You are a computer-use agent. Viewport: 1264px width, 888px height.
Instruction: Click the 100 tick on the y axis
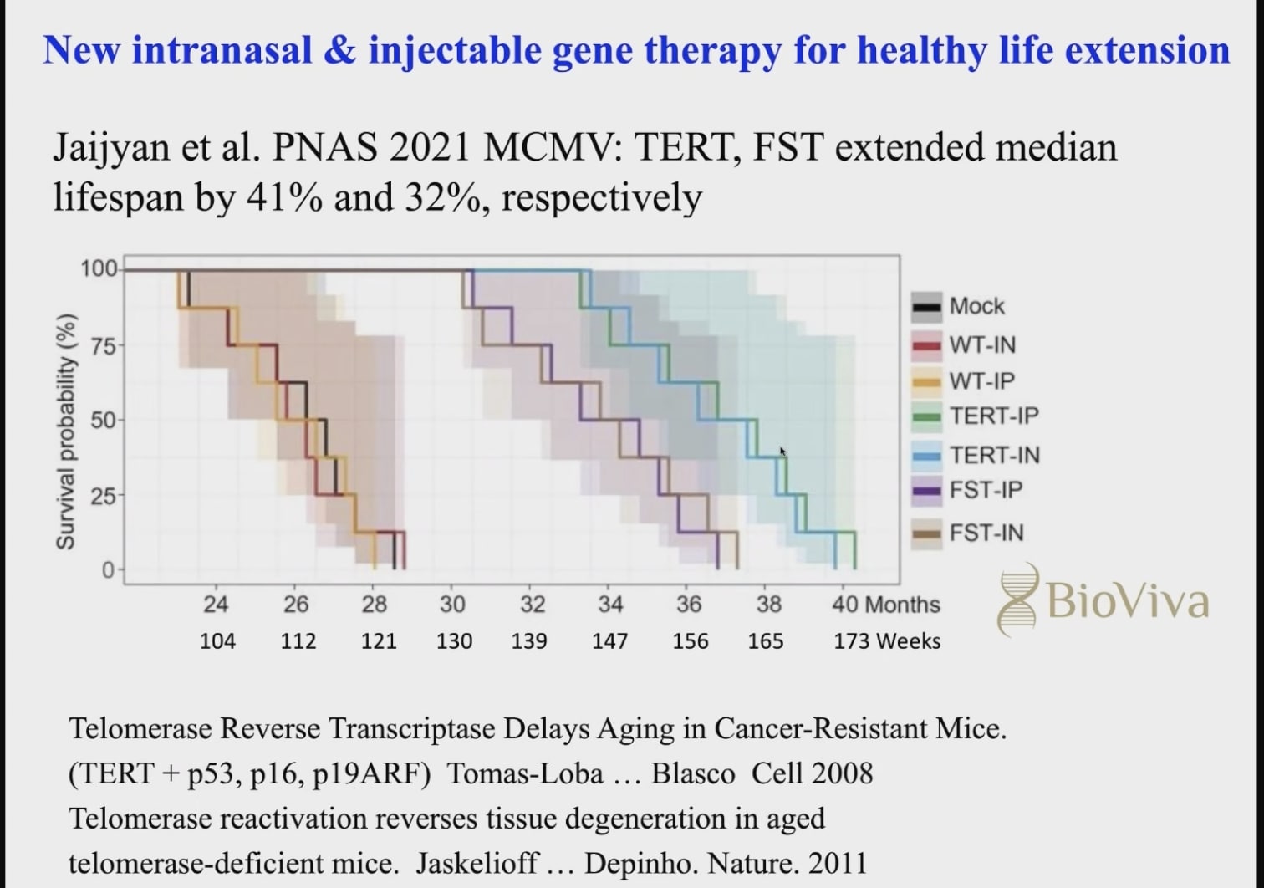pyautogui.click(x=99, y=268)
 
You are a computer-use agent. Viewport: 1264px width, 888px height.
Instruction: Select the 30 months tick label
pyautogui.click(x=452, y=604)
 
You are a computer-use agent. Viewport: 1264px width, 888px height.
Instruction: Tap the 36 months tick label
pyautogui.click(x=689, y=604)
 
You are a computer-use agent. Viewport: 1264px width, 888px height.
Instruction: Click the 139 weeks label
pyautogui.click(x=529, y=641)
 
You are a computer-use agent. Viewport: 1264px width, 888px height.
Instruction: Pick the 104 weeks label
pyautogui.click(x=217, y=641)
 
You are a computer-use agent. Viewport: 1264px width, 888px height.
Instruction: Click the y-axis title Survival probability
pyautogui.click(x=66, y=432)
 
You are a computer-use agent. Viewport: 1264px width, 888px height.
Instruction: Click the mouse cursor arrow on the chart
pyautogui.click(x=783, y=452)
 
